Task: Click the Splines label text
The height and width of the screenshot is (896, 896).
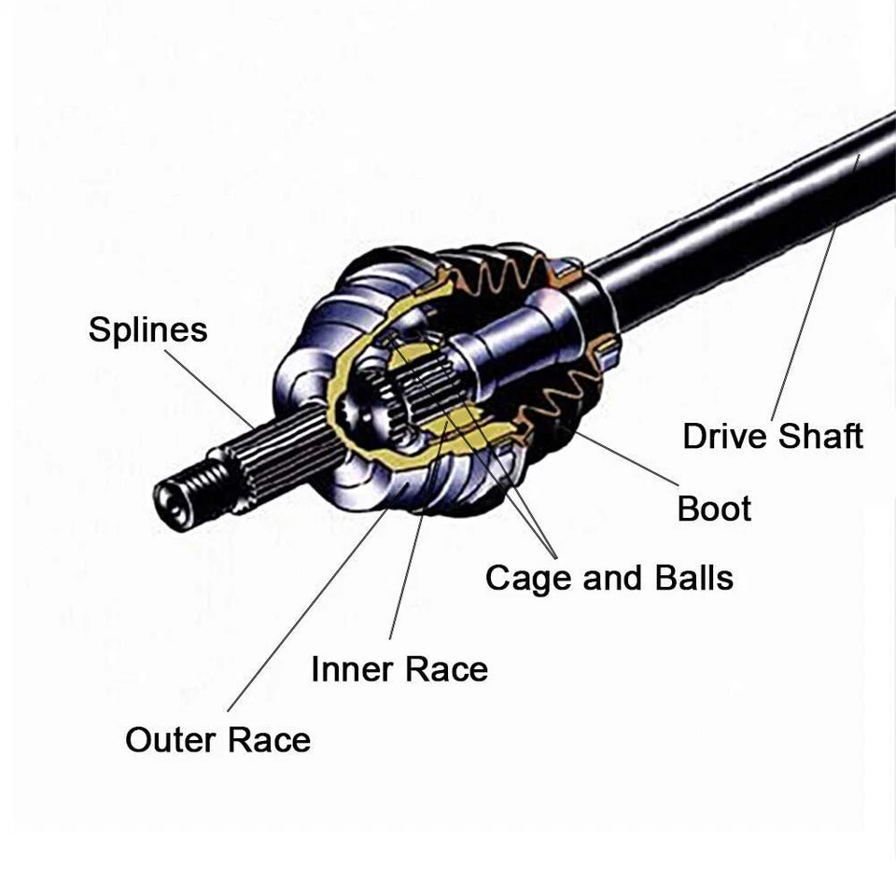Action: click(147, 330)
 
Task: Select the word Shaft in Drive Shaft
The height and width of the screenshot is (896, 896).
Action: click(821, 436)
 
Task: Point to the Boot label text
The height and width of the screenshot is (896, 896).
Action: click(714, 509)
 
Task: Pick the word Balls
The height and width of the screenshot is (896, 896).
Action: click(688, 578)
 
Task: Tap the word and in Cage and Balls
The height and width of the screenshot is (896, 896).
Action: click(609, 578)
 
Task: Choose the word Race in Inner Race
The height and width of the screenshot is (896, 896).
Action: click(444, 669)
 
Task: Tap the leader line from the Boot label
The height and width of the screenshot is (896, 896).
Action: click(625, 457)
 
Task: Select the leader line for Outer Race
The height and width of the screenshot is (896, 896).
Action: click(308, 607)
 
